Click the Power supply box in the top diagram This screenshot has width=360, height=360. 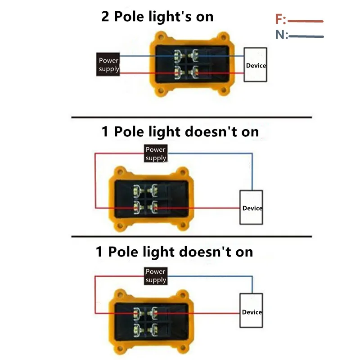[108, 64]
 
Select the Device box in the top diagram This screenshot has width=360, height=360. [256, 65]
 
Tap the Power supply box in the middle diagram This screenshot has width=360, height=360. [156, 153]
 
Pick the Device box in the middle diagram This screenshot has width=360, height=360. [252, 207]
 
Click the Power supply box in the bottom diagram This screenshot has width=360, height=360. [156, 275]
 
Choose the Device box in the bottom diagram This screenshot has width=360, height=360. [252, 311]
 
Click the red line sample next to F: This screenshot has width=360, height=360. [306, 21]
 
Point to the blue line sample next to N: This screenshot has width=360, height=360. [306, 36]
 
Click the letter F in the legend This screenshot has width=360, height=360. [279, 20]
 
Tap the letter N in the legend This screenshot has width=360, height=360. [280, 35]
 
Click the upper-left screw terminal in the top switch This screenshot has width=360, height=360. [178, 55]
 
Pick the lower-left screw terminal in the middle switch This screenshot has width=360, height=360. [137, 207]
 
